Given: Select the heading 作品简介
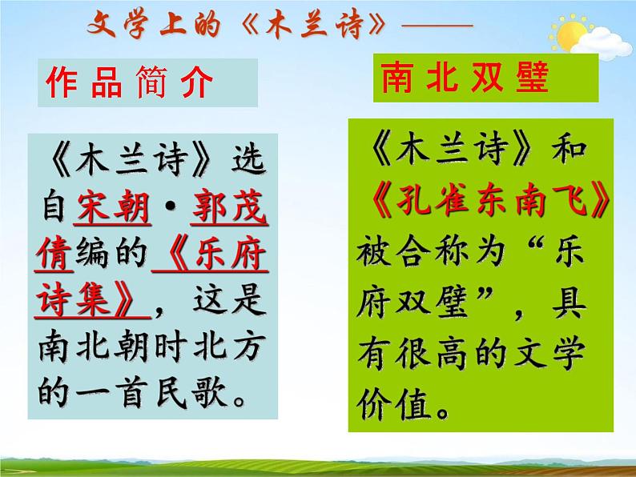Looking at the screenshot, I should pos(129,82).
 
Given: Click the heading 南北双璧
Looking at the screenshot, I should pos(464,79).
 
